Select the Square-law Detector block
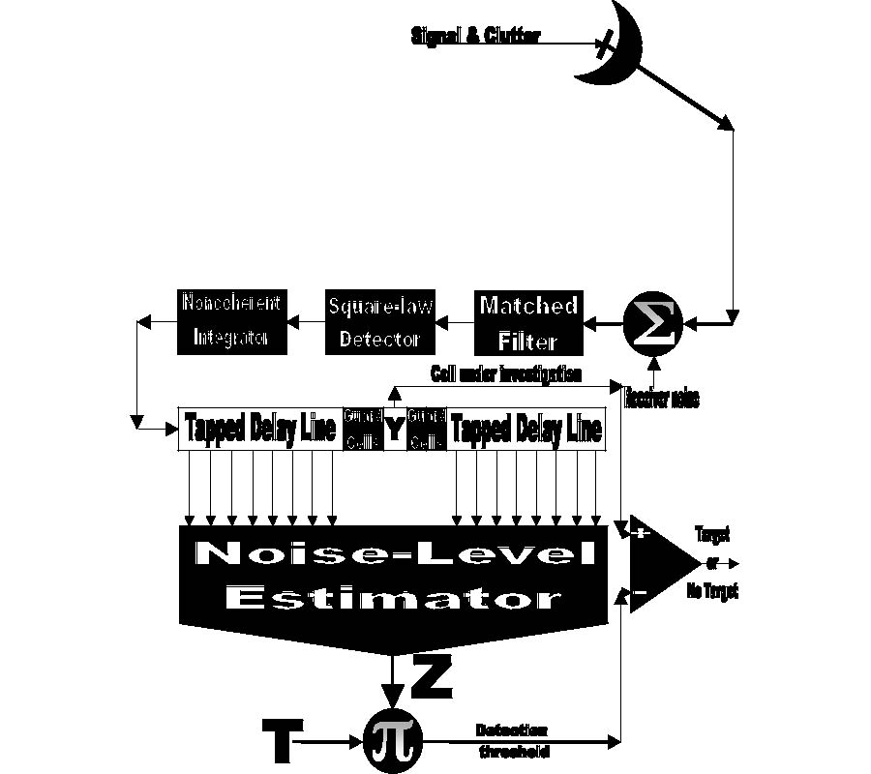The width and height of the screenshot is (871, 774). point(378,323)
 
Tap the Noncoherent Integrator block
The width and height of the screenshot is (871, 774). point(229,320)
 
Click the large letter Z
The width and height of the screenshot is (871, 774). point(432,676)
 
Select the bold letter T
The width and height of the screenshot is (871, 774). point(280,739)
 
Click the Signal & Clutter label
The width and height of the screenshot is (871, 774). point(474,37)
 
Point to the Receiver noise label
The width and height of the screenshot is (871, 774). point(662,397)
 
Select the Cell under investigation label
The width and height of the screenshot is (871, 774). point(505,373)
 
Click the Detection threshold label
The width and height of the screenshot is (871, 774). point(513,740)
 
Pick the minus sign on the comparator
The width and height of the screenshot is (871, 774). point(640,592)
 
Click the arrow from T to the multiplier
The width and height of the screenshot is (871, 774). point(329,742)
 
